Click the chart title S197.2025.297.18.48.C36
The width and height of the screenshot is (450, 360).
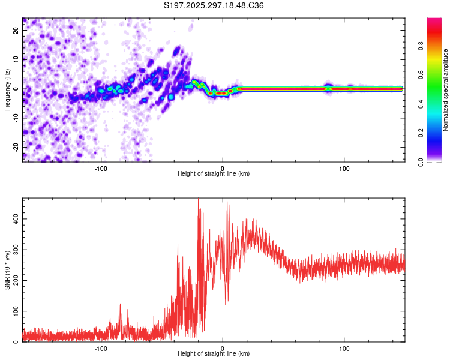pos(214,5)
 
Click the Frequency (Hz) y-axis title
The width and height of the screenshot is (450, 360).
pos(7,89)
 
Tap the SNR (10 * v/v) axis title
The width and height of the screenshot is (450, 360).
pos(7,269)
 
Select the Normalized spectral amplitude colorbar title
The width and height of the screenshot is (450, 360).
pos(445,90)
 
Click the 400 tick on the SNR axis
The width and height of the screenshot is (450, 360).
pos(17,219)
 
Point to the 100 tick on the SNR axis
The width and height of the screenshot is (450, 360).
pos(17,311)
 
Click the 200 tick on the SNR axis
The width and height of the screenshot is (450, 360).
pos(17,280)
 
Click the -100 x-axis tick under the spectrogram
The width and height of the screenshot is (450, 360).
pos(101,167)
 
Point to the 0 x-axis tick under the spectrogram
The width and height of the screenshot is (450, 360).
pos(223,167)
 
